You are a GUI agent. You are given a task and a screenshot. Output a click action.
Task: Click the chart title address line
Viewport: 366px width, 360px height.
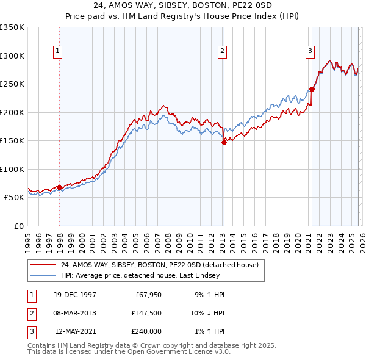click(x=182, y=5)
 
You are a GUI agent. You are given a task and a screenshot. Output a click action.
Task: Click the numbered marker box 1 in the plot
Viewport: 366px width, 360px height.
click(x=57, y=51)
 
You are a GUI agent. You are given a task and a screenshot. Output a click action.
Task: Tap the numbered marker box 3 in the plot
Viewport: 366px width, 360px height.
click(x=310, y=51)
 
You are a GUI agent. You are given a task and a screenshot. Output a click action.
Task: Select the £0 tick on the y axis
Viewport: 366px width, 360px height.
click(x=18, y=226)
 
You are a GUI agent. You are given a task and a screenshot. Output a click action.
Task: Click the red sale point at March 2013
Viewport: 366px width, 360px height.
click(x=223, y=142)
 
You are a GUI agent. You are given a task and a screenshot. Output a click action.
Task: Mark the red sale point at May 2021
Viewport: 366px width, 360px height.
click(x=312, y=89)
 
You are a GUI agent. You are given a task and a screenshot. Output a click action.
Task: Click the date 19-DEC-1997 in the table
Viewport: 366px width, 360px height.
click(x=75, y=295)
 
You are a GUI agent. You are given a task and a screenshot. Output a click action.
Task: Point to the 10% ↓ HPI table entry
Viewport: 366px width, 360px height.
click(x=207, y=313)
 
